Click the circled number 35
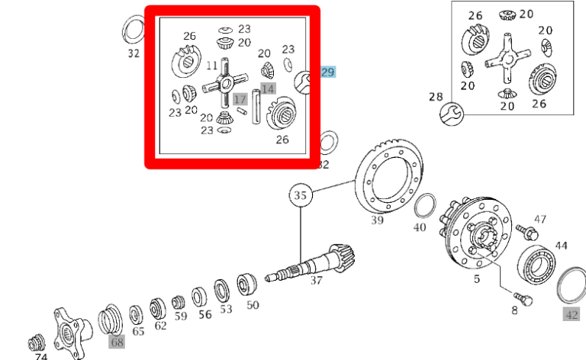pos(301,196)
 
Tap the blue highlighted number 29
pos(327,72)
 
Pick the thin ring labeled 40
pos(424,207)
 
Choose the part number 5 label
pos(477,279)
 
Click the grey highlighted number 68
pos(116,342)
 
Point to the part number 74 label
pos(40,356)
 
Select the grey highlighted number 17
pos(240,99)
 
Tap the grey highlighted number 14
pos(267,88)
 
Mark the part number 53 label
pos(226,310)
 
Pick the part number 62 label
pos(160,325)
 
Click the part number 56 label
pos(204,314)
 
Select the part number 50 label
pos(253,305)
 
